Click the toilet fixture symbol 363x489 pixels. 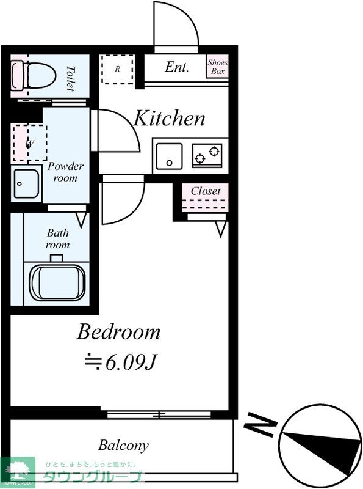point(34,76)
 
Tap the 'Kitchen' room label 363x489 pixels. point(170,118)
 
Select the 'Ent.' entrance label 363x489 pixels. point(177,67)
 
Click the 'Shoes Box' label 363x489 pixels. point(217,67)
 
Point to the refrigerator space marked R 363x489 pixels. point(118,69)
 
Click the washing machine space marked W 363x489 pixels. point(30,144)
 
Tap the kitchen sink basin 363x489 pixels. point(169,156)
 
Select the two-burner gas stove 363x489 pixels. point(207,155)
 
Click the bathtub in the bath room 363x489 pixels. point(57,282)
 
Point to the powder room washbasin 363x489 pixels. point(26,184)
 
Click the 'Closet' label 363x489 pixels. point(206,191)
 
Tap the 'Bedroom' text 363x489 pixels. point(118,332)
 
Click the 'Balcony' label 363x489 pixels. point(123,446)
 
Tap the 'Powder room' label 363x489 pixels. point(65,172)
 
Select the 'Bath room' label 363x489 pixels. point(57,238)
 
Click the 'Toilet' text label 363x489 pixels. point(71,78)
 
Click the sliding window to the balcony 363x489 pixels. point(159,415)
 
